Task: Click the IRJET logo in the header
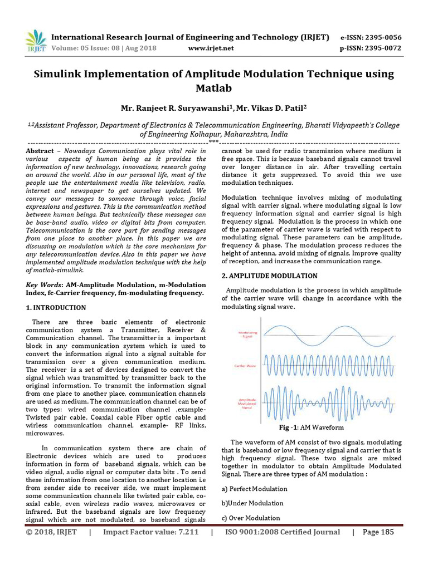click(36, 41)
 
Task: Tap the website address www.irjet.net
click(211, 48)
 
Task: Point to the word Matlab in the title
click(213, 88)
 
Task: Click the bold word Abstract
click(40, 151)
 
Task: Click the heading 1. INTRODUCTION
click(56, 307)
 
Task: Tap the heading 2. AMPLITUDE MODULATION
click(270, 276)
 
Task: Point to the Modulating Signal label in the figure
click(247, 334)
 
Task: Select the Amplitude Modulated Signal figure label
click(247, 404)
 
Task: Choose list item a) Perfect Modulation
click(254, 489)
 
